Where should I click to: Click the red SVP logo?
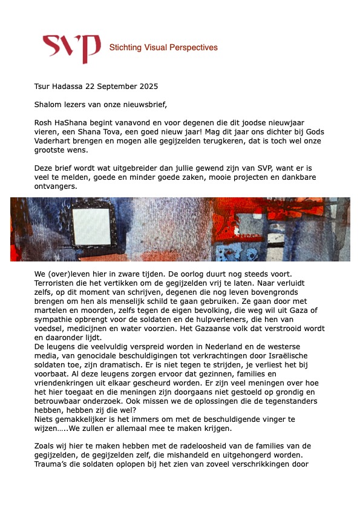pos(71,47)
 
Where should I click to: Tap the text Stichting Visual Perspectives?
pos(163,47)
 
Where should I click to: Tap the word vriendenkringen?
pos(68,391)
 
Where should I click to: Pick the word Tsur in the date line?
pos(44,87)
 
